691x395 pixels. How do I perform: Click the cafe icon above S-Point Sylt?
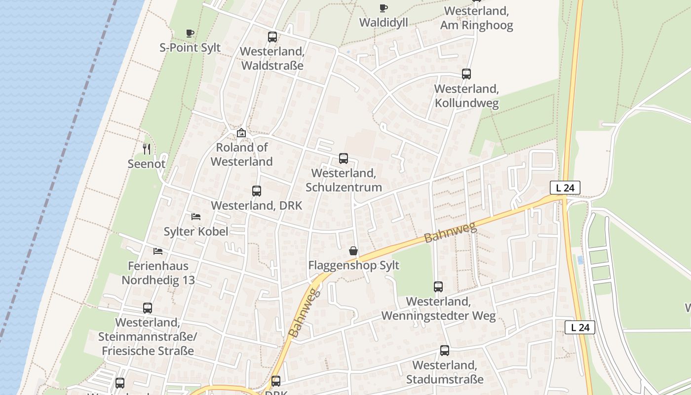(x=190, y=34)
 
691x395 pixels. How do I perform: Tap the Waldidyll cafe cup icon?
(x=384, y=8)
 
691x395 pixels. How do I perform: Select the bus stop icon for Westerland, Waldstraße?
(x=272, y=37)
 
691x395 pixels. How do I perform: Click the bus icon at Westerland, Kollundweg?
(x=466, y=74)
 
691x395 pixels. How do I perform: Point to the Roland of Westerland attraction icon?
(x=241, y=133)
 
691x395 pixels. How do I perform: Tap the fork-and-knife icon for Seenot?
(x=147, y=149)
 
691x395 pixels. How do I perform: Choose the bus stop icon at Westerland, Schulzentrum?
(x=344, y=158)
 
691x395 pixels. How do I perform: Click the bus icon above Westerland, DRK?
(x=257, y=191)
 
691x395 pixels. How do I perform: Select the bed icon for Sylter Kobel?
(x=196, y=217)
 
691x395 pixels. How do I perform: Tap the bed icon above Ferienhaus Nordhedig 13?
(x=158, y=251)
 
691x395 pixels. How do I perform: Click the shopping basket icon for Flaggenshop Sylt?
(x=353, y=251)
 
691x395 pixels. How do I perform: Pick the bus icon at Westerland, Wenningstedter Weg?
(x=438, y=287)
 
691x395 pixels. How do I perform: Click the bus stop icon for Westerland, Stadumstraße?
(x=445, y=351)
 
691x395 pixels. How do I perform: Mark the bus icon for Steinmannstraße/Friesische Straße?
(x=148, y=308)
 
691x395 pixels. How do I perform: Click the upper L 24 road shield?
(x=565, y=188)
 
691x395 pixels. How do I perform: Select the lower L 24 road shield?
(x=580, y=327)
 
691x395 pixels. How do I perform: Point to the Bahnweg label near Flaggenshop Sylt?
(x=450, y=233)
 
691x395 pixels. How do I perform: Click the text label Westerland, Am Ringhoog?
(x=477, y=18)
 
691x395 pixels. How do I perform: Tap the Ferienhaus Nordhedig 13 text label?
(x=158, y=273)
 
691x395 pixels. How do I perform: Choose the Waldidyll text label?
(x=384, y=22)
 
